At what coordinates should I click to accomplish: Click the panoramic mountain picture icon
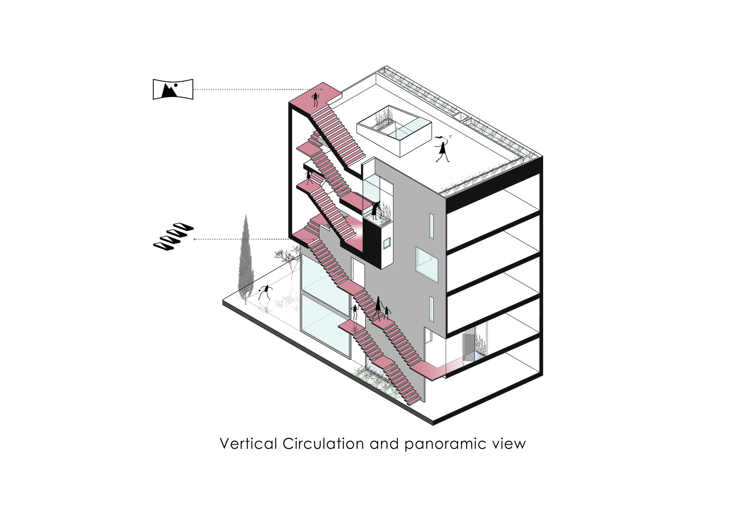click(x=173, y=89)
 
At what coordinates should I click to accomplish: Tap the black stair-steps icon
click(x=173, y=236)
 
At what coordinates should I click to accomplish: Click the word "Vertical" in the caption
click(x=248, y=444)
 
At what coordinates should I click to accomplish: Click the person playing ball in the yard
click(x=265, y=292)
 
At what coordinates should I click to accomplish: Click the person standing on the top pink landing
click(x=315, y=100)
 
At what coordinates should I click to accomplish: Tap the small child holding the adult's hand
click(x=387, y=313)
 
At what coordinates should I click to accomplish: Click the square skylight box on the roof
click(x=394, y=130)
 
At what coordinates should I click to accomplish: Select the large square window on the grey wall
click(x=427, y=262)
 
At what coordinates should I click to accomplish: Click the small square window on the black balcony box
click(x=386, y=243)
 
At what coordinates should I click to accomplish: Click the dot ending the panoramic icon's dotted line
click(x=321, y=89)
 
